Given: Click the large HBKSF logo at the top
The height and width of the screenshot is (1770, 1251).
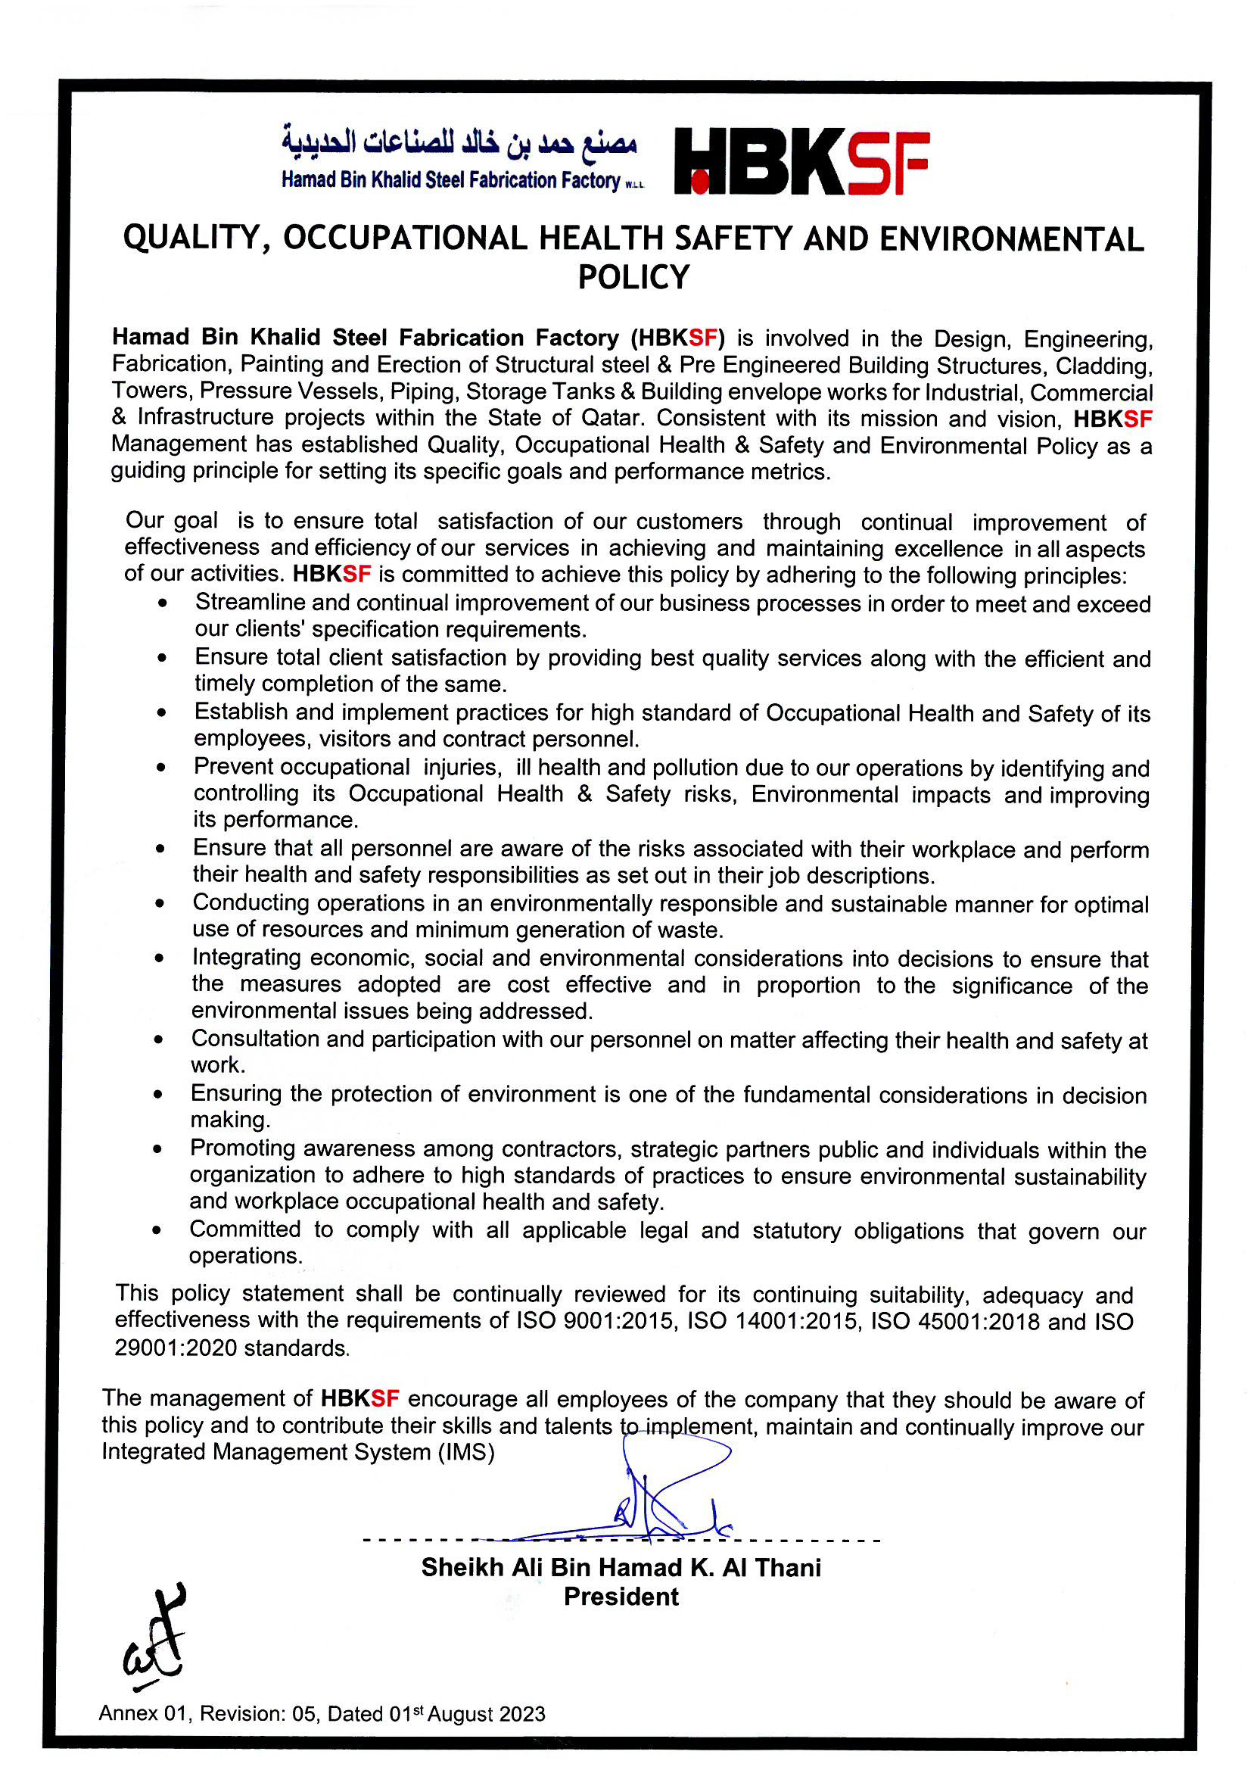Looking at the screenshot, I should [801, 162].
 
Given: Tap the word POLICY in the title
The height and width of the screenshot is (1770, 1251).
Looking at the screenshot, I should [633, 278].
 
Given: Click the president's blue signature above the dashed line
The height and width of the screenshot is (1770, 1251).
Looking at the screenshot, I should [655, 1504].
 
